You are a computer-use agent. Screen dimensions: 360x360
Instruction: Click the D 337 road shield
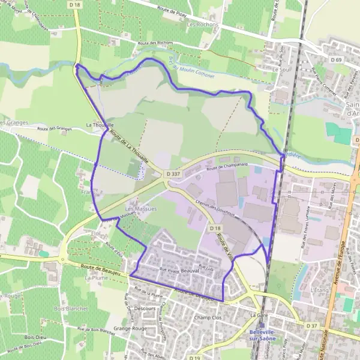[174, 173]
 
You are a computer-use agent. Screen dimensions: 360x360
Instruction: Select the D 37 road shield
[311, 325]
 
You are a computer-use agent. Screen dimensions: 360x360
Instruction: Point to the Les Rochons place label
[201, 25]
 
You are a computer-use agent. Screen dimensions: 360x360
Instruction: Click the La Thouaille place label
[100, 125]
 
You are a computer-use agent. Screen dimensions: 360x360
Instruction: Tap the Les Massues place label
[140, 209]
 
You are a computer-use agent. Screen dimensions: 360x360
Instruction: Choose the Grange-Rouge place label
[130, 329]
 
